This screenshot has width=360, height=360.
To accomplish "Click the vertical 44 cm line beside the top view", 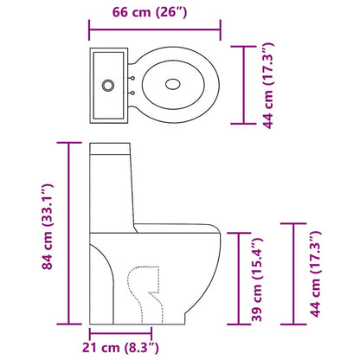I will click(x=242, y=83).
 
